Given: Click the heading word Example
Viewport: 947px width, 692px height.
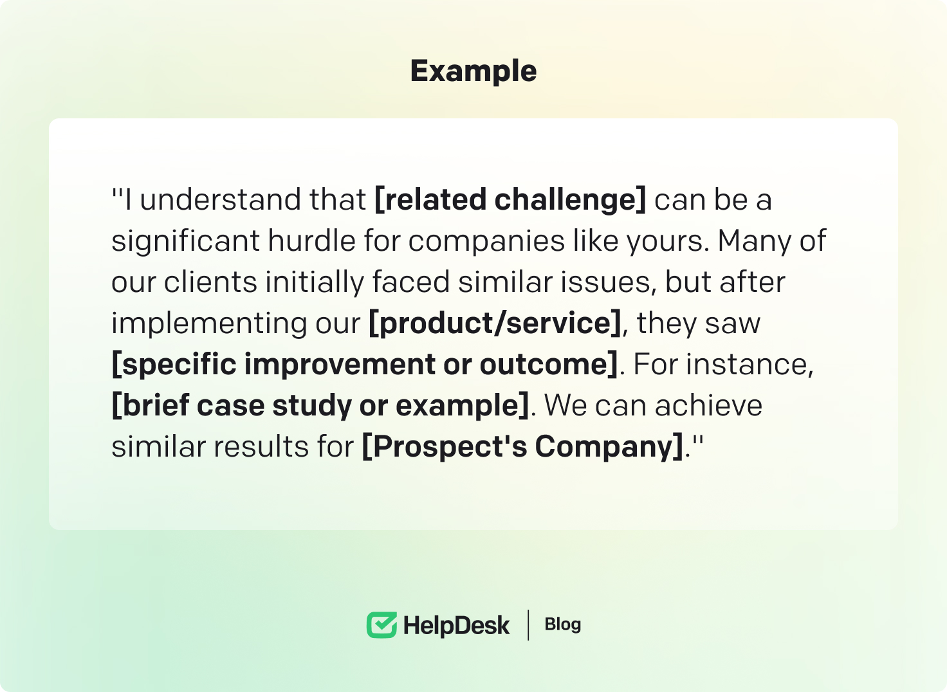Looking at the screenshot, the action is [473, 71].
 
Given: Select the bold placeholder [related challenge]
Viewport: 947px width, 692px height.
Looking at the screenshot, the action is [510, 199].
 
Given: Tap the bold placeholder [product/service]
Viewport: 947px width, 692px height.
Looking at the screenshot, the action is [495, 323].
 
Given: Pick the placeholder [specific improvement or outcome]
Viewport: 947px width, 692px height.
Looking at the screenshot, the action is [365, 365].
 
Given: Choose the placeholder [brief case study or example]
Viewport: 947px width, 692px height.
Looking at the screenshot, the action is [320, 406].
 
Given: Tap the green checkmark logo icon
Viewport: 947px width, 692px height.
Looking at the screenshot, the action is [382, 624].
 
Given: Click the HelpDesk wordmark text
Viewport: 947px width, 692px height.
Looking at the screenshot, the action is [457, 626].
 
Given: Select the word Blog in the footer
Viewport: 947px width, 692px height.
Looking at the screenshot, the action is [563, 624].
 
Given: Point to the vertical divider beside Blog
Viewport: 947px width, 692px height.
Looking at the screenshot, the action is [528, 624].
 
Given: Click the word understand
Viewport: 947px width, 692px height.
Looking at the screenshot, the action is [253, 199].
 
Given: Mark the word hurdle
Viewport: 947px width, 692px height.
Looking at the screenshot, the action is [312, 241].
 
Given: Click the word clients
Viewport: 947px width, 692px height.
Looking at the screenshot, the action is [210, 282].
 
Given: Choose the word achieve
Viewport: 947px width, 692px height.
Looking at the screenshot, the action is [708, 406].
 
